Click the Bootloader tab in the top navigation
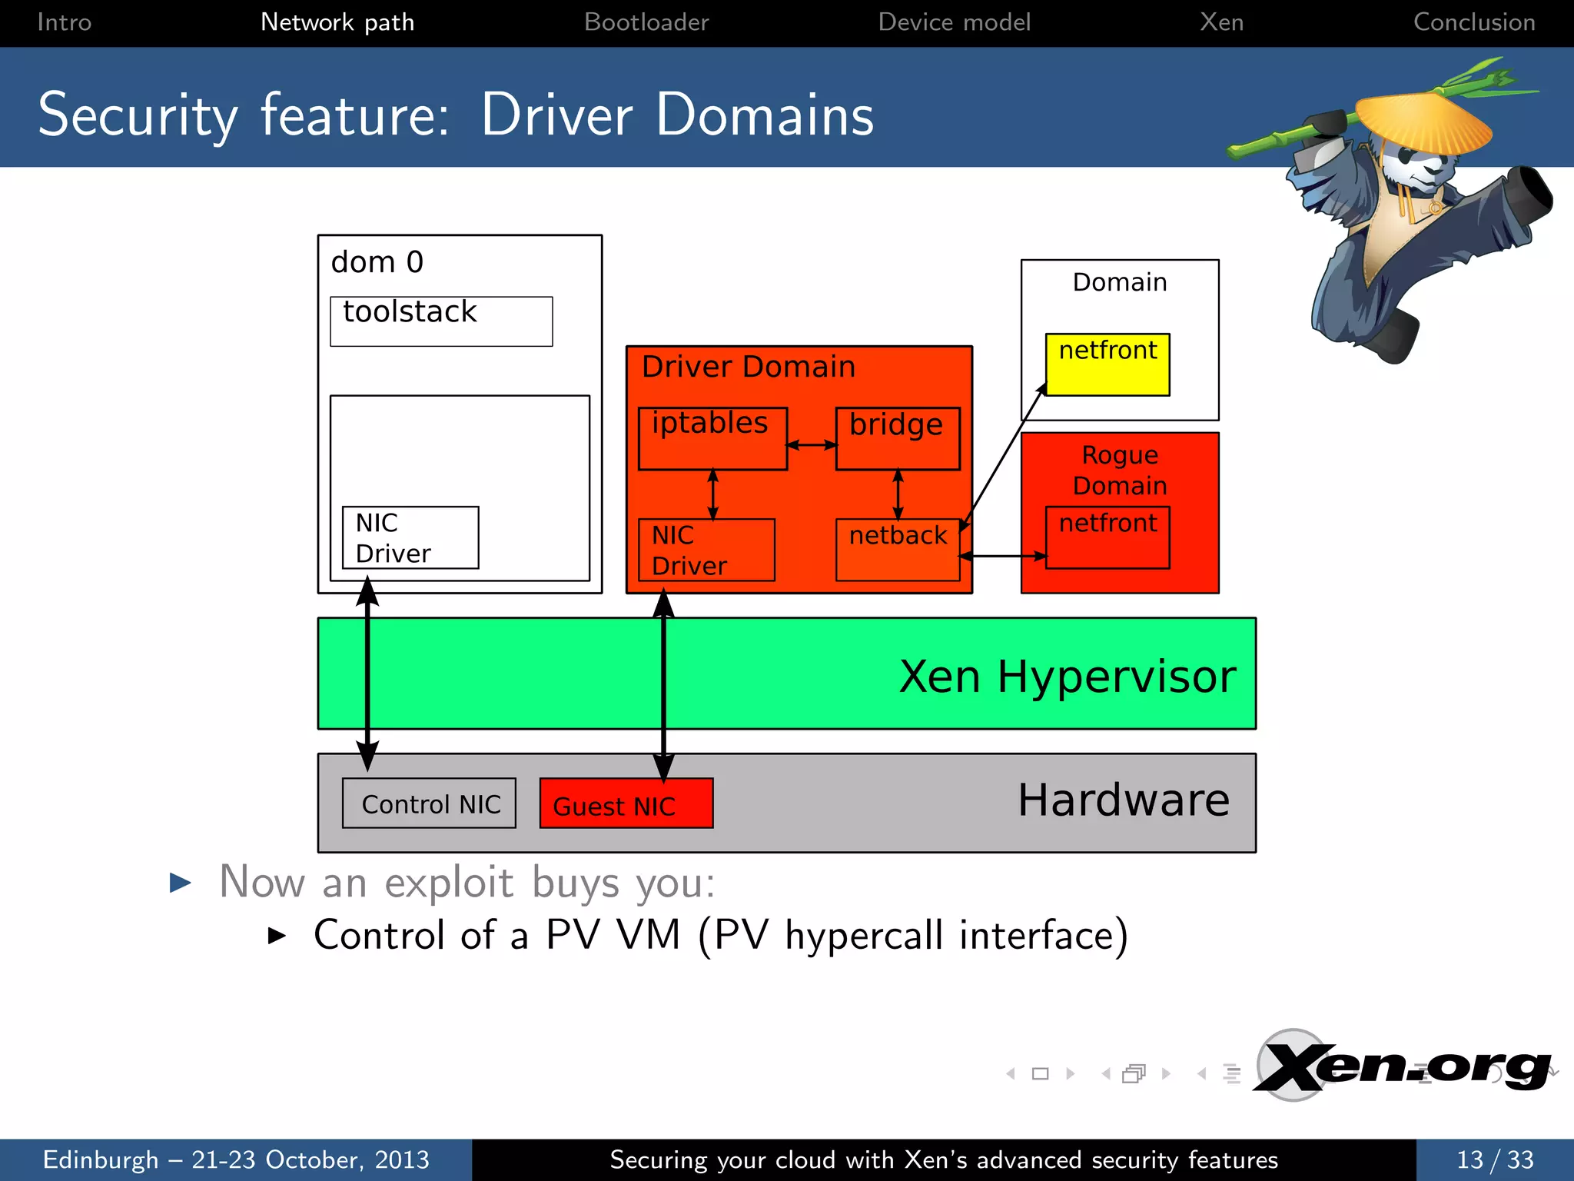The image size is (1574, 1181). [646, 22]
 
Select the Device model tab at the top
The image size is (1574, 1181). [954, 22]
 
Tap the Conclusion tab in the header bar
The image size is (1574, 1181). [1473, 22]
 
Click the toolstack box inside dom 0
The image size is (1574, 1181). [441, 321]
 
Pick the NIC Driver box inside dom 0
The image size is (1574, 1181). [410, 537]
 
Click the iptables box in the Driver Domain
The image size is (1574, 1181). [712, 438]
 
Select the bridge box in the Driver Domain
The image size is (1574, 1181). [898, 438]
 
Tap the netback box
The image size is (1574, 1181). [898, 550]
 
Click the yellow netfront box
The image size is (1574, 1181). [1107, 364]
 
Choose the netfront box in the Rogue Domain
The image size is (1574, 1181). [1107, 537]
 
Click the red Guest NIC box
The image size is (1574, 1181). [626, 803]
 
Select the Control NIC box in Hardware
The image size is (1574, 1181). [429, 803]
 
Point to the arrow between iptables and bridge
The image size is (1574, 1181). [812, 444]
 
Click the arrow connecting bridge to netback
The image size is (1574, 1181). [898, 494]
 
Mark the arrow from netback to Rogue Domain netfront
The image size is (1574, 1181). [1003, 555]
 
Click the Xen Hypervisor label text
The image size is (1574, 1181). [1067, 677]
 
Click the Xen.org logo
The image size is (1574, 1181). [1403, 1066]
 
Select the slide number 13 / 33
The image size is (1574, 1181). [1494, 1159]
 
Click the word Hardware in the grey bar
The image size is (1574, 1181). [1123, 800]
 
